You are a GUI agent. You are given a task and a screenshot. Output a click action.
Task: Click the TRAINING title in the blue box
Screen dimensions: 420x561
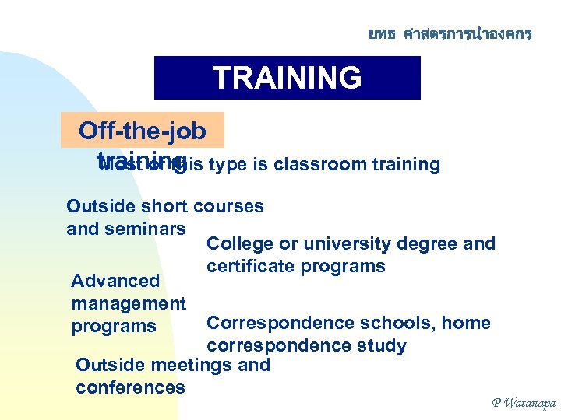287,79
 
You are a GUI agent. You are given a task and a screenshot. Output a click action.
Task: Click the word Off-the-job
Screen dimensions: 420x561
143,131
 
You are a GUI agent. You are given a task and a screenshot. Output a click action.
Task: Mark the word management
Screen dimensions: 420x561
129,303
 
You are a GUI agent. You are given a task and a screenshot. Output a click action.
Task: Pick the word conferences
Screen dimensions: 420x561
130,387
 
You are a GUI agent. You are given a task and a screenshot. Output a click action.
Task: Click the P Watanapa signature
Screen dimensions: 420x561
523,402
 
